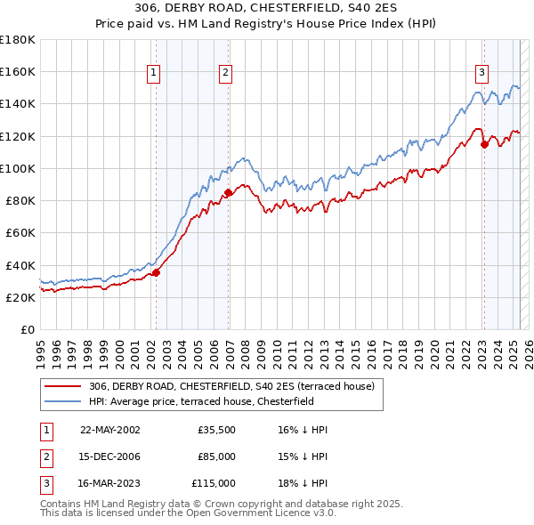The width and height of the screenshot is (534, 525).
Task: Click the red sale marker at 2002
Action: pyautogui.click(x=156, y=272)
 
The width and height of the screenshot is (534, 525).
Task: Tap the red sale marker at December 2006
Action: pyautogui.click(x=229, y=192)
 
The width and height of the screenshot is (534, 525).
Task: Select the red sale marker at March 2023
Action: pyautogui.click(x=484, y=144)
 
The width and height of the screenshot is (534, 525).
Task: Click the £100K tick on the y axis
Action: pyautogui.click(x=18, y=168)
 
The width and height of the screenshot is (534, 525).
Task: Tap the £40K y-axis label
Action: pyautogui.click(x=20, y=265)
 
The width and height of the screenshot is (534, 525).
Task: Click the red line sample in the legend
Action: pyautogui.click(x=63, y=386)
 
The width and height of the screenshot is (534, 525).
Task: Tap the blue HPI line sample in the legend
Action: pyautogui.click(x=63, y=401)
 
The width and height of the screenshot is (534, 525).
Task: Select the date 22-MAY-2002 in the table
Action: pyautogui.click(x=109, y=430)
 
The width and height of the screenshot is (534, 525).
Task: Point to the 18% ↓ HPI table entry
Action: pyautogui.click(x=303, y=483)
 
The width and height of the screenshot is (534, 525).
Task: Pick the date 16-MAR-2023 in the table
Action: pyautogui.click(x=110, y=483)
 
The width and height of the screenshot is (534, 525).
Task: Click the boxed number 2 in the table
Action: pyautogui.click(x=45, y=456)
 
